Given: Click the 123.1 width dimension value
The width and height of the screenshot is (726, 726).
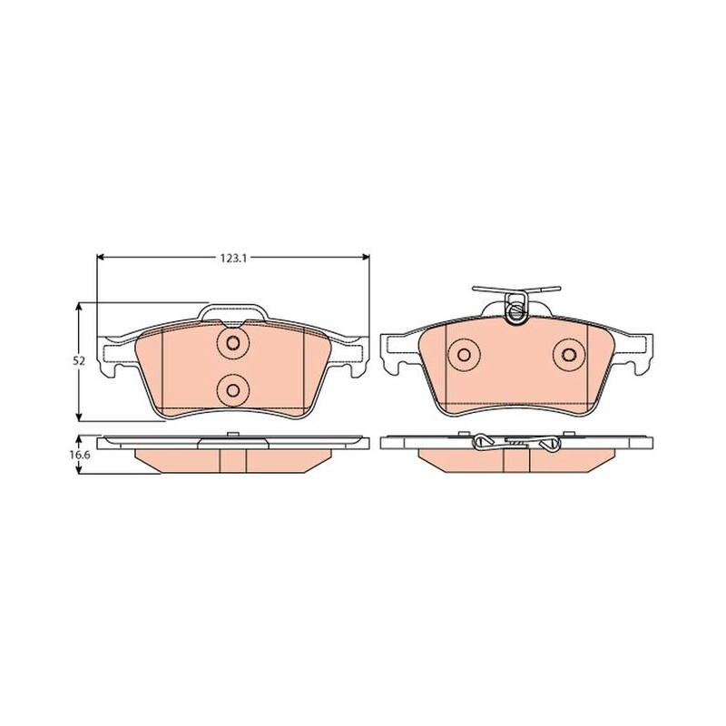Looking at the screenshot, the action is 233,258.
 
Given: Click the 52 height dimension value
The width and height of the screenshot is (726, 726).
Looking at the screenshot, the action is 79,361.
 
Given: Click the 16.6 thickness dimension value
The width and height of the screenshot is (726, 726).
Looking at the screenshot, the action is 79,455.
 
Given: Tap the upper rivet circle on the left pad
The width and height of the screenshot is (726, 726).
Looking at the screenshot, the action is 233,343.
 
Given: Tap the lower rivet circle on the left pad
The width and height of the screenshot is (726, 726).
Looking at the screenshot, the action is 233,391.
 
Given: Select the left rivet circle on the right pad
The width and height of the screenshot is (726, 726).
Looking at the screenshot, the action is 464,355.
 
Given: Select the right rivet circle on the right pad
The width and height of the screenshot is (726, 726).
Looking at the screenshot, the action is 569,355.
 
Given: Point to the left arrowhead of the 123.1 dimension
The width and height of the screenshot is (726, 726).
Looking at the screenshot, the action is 101,258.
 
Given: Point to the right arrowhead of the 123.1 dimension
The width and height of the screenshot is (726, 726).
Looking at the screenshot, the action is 366,258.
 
